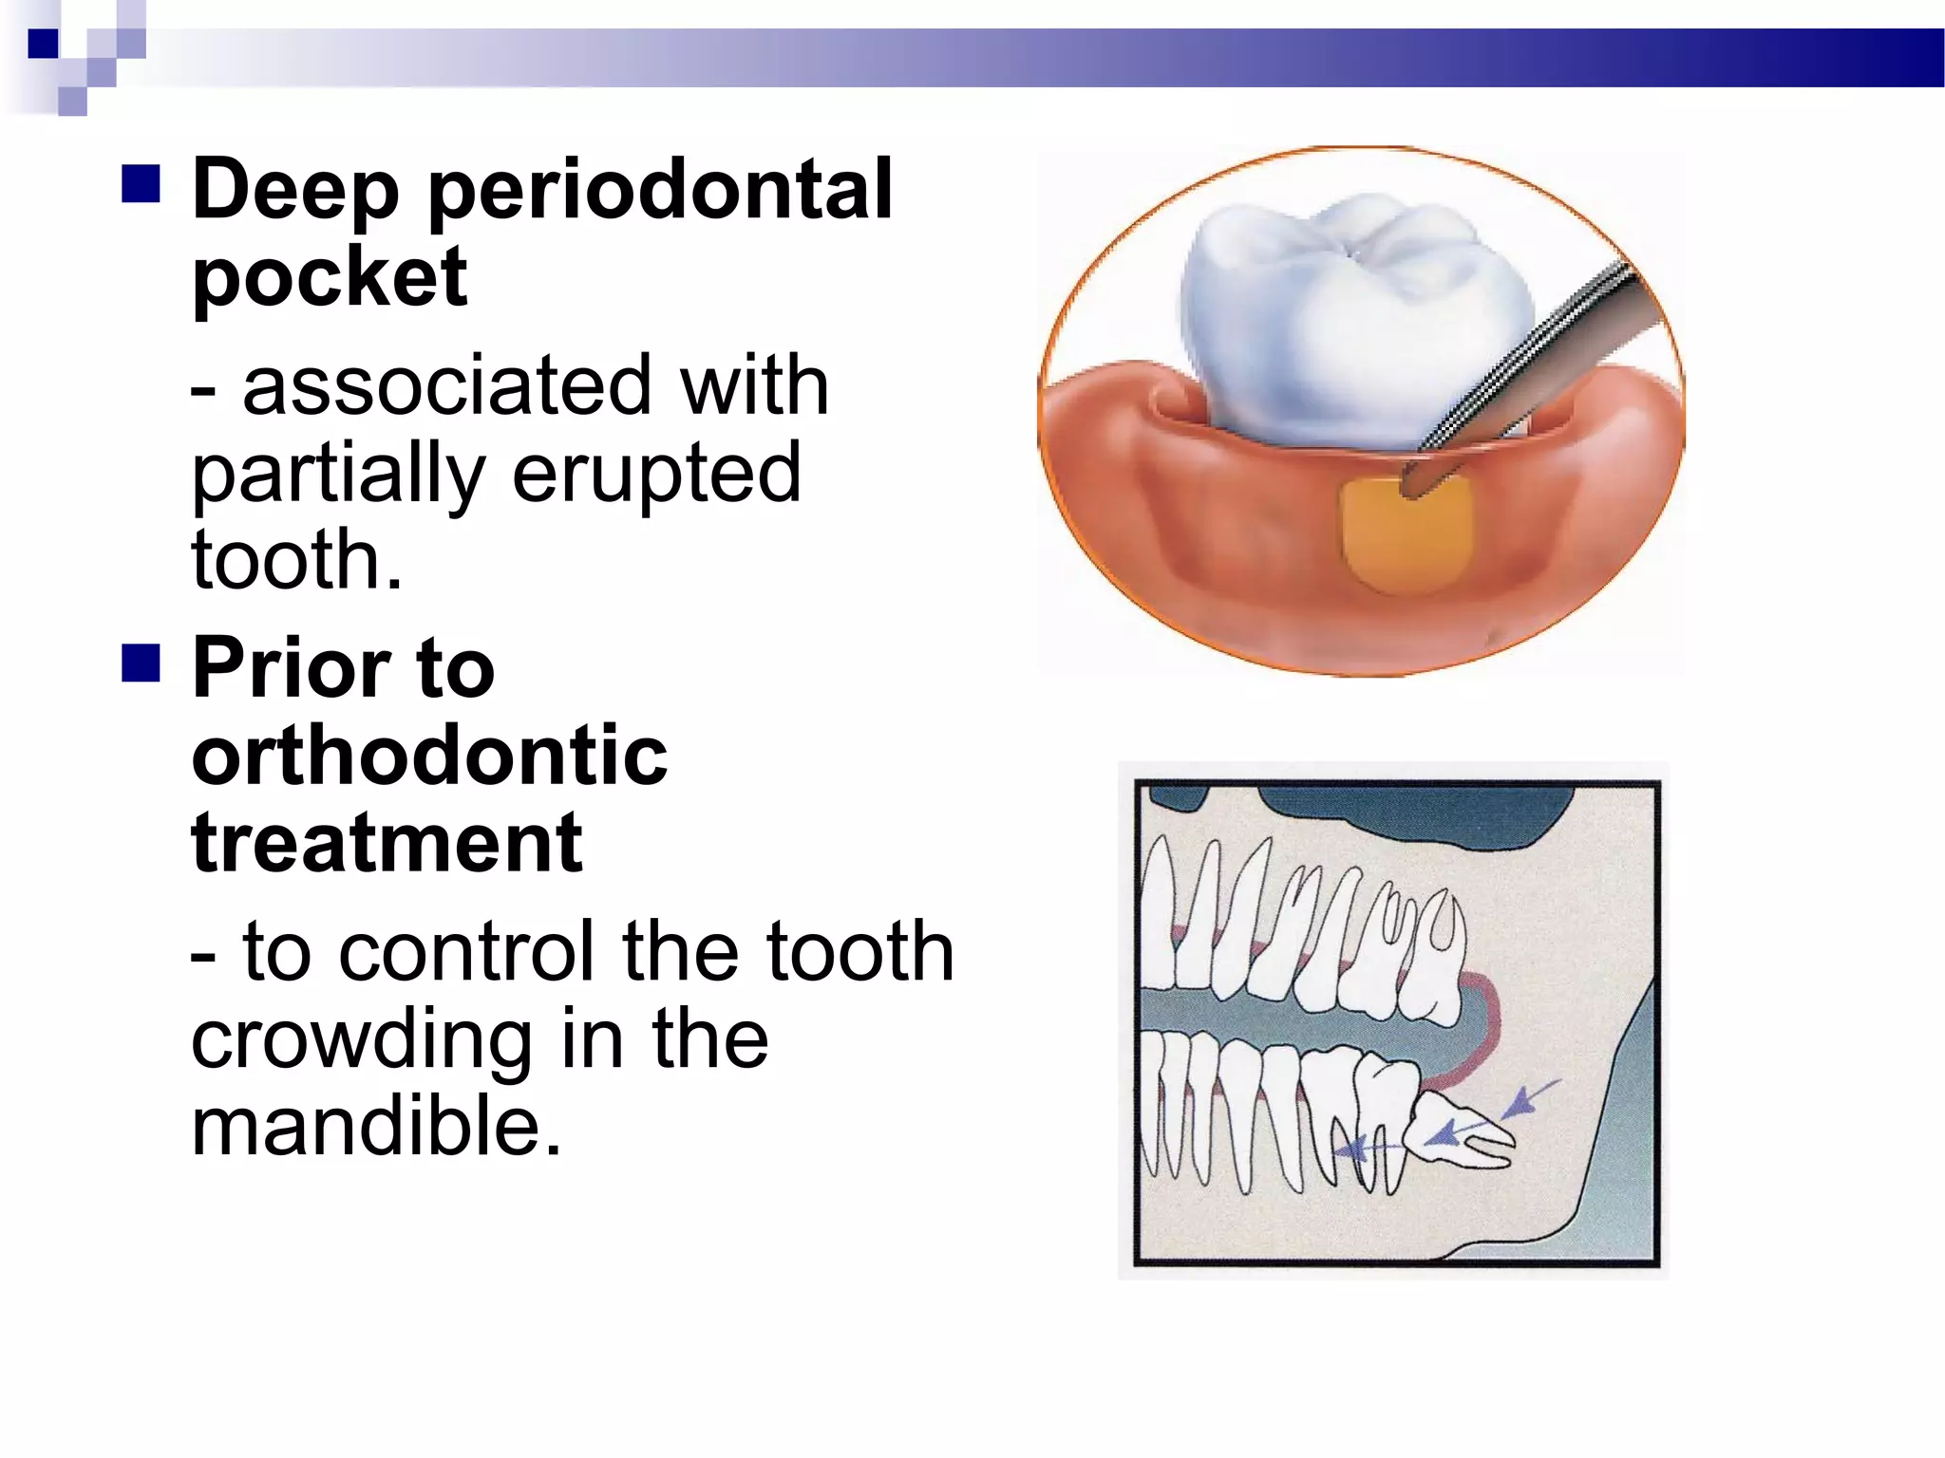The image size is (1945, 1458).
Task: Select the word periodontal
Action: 660,190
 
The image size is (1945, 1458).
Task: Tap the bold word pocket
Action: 330,277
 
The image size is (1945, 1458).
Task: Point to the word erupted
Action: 656,474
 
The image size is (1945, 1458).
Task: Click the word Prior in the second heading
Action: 291,668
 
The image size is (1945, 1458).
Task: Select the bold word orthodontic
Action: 429,756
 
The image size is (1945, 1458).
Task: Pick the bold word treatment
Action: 387,843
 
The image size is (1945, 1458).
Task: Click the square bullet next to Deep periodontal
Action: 141,184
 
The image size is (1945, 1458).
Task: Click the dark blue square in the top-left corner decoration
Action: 44,44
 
